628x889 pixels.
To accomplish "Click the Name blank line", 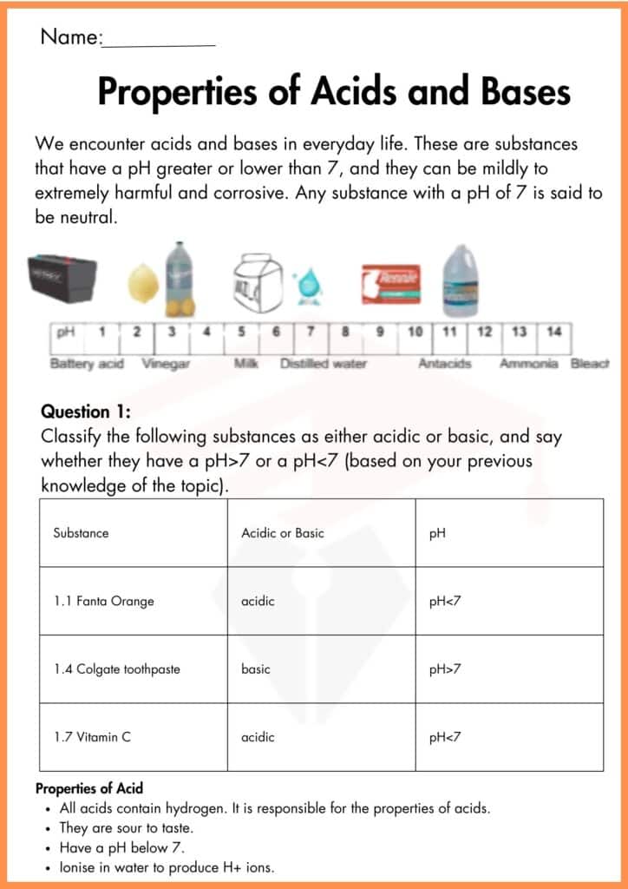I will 160,43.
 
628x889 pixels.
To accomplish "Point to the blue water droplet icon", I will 307,286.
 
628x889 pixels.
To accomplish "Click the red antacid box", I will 391,284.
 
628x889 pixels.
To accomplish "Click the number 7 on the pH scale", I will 311,332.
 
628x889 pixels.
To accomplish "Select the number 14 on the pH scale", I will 554,332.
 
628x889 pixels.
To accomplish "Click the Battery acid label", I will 87,364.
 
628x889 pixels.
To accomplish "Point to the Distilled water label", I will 324,364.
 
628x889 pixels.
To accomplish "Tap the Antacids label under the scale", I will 445,364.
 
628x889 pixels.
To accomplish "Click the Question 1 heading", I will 86,412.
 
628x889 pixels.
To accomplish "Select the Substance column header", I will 81,533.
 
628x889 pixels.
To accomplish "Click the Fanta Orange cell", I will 103,601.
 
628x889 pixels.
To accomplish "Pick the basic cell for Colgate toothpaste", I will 256,668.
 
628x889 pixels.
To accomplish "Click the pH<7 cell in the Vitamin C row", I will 445,737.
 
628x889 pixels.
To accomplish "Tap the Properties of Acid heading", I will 89,789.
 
